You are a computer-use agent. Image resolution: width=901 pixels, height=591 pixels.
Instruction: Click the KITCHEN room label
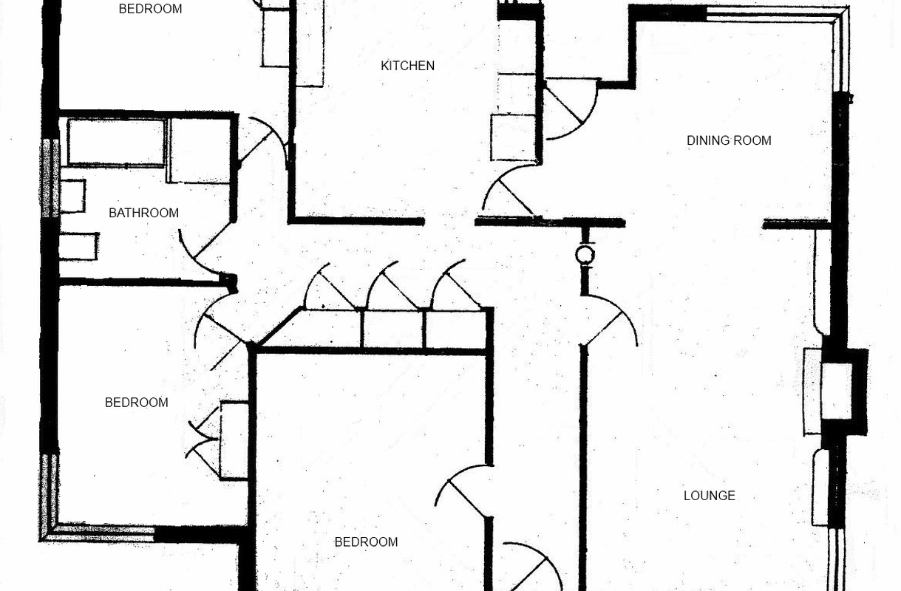point(407,66)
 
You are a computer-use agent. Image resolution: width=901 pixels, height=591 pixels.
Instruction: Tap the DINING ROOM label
point(729,140)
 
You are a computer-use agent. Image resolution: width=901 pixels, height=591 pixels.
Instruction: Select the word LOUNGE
point(709,496)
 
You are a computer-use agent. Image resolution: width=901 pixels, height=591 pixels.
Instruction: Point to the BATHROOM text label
point(143,213)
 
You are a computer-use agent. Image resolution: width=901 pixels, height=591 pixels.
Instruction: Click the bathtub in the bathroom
point(116,142)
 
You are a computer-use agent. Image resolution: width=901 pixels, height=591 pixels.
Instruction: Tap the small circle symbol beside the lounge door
point(585,256)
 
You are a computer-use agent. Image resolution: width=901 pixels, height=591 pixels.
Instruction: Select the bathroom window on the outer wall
point(50,178)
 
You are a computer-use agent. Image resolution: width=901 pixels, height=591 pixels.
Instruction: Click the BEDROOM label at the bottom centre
point(366,542)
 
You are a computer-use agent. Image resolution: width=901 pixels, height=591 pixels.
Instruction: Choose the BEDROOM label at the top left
point(150,10)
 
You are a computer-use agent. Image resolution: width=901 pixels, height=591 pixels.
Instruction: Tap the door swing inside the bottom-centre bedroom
point(463,491)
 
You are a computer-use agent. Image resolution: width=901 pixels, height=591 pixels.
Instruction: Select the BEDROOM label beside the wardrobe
point(136,403)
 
